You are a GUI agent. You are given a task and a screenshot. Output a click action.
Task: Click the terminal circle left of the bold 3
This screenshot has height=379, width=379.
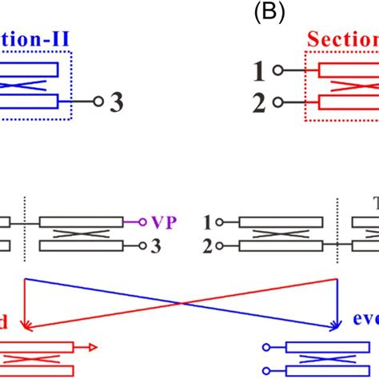(98, 102)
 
